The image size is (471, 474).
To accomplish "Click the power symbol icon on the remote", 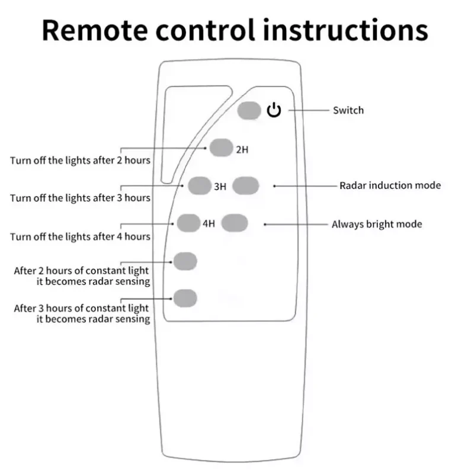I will pyautogui.click(x=273, y=110).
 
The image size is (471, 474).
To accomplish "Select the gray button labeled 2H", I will pyautogui.click(x=220, y=148).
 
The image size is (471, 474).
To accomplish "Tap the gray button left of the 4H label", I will pyautogui.click(x=188, y=223).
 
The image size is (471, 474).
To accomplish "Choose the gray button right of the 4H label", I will pyautogui.click(x=233, y=223).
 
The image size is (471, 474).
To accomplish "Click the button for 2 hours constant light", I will pyautogui.click(x=185, y=260).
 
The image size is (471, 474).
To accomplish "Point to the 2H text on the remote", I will pyautogui.click(x=242, y=150).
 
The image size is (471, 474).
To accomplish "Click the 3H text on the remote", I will pyautogui.click(x=220, y=187).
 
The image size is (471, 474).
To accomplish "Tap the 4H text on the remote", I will pyautogui.click(x=209, y=225).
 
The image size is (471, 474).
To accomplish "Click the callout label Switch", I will pyautogui.click(x=348, y=110).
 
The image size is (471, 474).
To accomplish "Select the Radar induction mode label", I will pyautogui.click(x=390, y=185).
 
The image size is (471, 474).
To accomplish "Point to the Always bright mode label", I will pyautogui.click(x=376, y=224).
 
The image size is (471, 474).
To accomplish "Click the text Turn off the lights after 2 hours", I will pyautogui.click(x=80, y=160).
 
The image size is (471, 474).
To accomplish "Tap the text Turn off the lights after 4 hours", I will pyautogui.click(x=80, y=236).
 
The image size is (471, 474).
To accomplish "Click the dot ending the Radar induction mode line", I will pyautogui.click(x=274, y=186).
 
